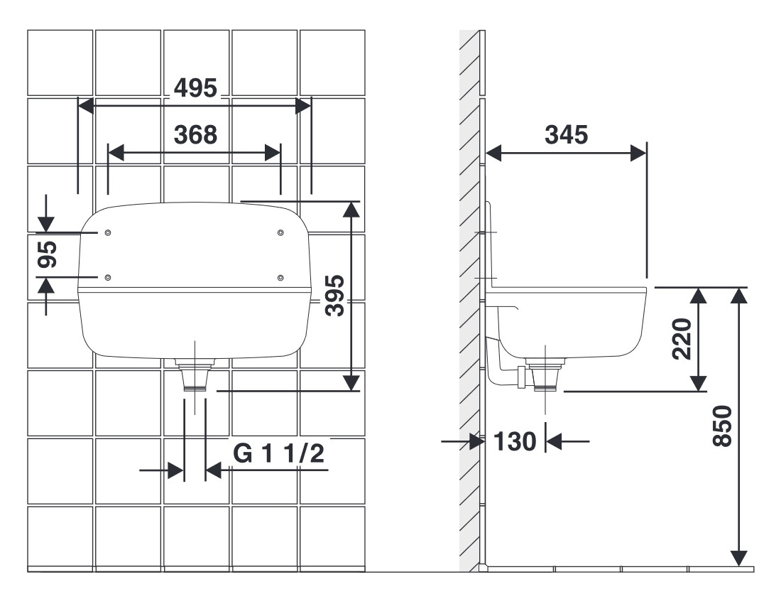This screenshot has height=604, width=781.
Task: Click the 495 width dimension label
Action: pyautogui.click(x=196, y=88)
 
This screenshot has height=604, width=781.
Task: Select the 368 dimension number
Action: pyautogui.click(x=196, y=135)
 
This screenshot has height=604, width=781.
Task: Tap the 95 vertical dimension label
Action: pyautogui.click(x=48, y=254)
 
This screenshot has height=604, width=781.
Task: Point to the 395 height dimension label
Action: pyautogui.click(x=334, y=296)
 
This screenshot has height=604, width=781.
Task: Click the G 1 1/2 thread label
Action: pyautogui.click(x=279, y=453)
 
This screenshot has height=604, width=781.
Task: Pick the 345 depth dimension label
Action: pyautogui.click(x=567, y=135)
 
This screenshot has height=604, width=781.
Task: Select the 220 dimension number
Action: pyautogui.click(x=682, y=339)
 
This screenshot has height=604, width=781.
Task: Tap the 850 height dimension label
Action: pyautogui.click(x=723, y=426)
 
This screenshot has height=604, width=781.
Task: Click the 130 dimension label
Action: pyautogui.click(x=515, y=441)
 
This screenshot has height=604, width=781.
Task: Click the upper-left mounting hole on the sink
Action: pyautogui.click(x=108, y=233)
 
